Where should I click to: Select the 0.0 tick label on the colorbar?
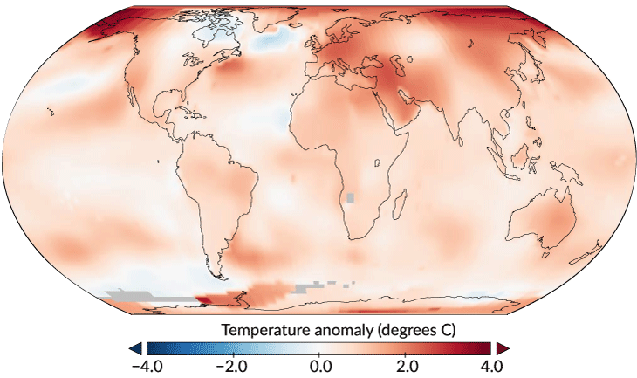[x=319, y=365]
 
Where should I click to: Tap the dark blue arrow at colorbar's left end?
[x=137, y=348]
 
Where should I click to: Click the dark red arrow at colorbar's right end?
[x=503, y=348]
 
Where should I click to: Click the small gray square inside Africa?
[x=352, y=197]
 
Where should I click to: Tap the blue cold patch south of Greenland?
[x=272, y=40]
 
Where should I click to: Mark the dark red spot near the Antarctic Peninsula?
[x=202, y=299]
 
